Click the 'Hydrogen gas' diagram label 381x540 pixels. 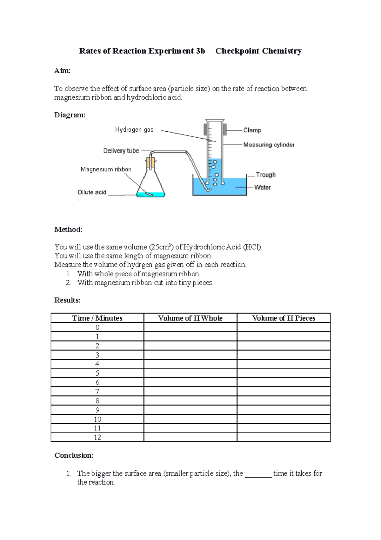click(134, 129)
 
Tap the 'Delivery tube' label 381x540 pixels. click(121, 151)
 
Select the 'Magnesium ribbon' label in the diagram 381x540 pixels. click(106, 169)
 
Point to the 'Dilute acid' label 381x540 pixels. click(92, 192)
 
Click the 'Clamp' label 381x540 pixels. click(252, 130)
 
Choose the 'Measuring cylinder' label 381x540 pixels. click(269, 145)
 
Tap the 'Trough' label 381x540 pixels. click(266, 175)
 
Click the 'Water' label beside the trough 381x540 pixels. click(262, 187)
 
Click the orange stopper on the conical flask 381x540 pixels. click(151, 163)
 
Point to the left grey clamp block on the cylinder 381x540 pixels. click(205, 129)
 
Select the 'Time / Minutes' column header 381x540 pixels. click(97, 318)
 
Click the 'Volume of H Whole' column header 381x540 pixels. click(190, 318)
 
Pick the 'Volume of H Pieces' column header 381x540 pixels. click(284, 318)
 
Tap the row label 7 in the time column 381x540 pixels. click(97, 391)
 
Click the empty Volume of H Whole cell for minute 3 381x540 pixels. click(190, 355)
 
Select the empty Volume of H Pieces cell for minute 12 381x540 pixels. click(284, 437)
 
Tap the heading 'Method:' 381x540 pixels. click(68, 229)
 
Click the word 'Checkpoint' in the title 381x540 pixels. click(237, 51)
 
